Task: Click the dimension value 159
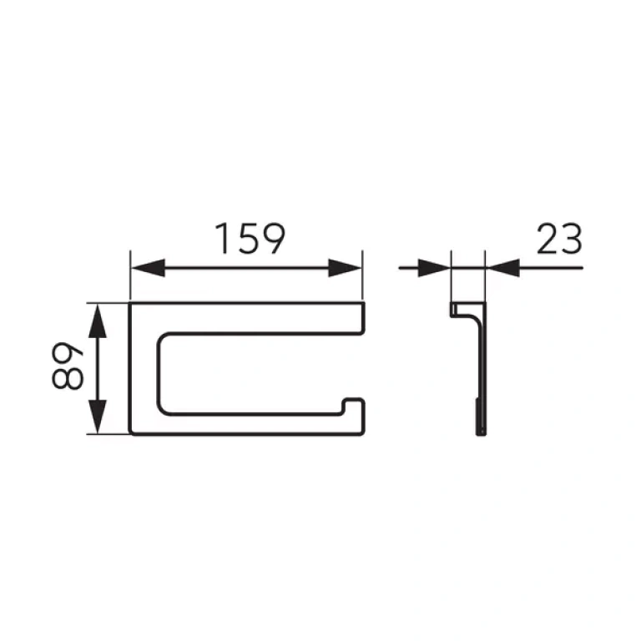click(250, 239)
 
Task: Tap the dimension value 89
click(68, 365)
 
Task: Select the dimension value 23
click(559, 239)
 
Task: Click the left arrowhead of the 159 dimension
click(148, 268)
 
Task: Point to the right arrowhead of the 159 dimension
click(345, 268)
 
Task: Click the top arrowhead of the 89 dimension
click(98, 320)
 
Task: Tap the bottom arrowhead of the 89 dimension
click(98, 416)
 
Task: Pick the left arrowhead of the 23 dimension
click(434, 268)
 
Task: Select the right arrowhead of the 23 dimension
click(503, 268)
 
